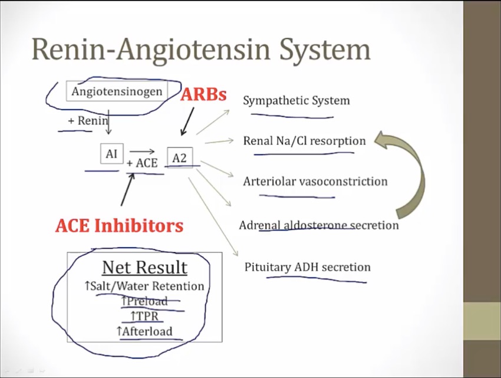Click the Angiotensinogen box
click(117, 91)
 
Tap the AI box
click(111, 154)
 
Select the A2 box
click(179, 157)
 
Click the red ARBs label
click(203, 94)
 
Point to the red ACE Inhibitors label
click(119, 225)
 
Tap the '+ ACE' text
click(142, 163)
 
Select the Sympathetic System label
click(296, 100)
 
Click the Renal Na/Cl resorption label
click(304, 141)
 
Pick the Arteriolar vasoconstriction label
click(315, 181)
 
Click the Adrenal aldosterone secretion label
click(318, 225)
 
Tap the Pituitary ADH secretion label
click(307, 267)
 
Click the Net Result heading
click(144, 267)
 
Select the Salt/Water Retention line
click(144, 286)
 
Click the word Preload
click(147, 301)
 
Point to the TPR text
click(144, 316)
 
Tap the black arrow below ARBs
click(187, 121)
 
